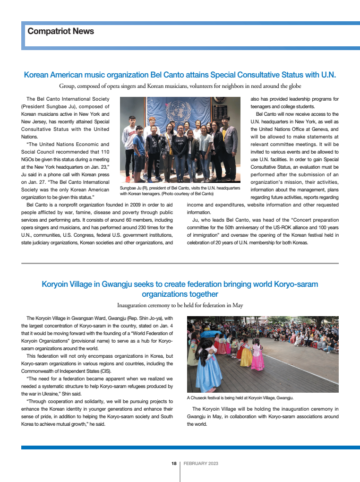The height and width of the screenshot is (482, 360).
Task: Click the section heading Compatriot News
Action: pos(60,32)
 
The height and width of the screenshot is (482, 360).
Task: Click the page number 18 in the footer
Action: pos(174,464)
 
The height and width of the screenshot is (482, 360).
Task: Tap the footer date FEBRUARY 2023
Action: pos(201,464)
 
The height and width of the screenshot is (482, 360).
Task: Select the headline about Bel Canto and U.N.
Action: pos(180,75)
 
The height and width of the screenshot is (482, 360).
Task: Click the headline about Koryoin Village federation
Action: pos(180,289)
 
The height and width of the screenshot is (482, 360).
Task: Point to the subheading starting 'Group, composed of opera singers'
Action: pos(180,86)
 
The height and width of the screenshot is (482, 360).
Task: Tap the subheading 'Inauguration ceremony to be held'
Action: pos(180,305)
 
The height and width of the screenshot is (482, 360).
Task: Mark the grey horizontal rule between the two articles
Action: pos(180,263)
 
